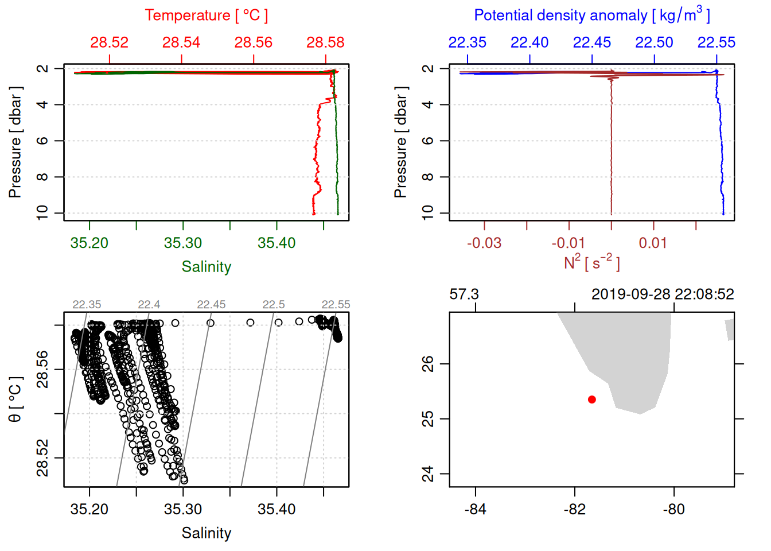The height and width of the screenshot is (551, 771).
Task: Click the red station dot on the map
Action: pos(591,399)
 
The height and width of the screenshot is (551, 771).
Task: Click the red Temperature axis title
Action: pos(206,15)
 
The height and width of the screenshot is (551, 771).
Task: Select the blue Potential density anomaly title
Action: pos(591,15)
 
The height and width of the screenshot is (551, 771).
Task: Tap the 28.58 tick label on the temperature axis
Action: pos(325,42)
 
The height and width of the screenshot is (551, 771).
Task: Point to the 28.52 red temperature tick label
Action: pos(109,42)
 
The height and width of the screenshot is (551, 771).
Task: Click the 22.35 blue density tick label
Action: pos(467,42)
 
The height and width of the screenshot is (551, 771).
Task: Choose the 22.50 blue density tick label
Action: pos(654,42)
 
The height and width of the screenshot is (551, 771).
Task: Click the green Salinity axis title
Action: pos(206,267)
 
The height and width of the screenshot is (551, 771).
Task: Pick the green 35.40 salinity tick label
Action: pos(277,243)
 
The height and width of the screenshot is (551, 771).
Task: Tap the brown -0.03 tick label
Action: pos(484,243)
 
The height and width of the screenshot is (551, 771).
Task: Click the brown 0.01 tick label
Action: pos(653,243)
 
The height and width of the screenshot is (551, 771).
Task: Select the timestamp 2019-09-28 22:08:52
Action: pos(663,294)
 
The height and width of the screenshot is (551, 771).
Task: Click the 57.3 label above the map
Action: pos(464,294)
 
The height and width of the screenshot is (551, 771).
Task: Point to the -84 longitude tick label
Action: pos(476,510)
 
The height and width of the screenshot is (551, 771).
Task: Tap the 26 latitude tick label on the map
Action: pos(428,364)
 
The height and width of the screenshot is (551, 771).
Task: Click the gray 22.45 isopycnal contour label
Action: pos(211,305)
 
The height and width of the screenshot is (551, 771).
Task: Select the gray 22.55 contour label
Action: pos(336,305)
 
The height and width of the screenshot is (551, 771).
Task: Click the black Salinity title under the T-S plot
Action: pos(206,533)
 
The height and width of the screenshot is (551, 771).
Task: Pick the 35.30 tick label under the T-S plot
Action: pos(183,510)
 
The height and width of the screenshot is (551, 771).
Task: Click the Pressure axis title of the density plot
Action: pos(400,142)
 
